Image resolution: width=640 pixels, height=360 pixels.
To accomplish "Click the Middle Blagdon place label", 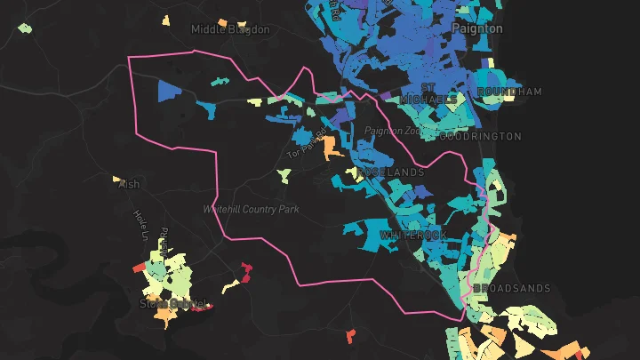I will coord(230,29).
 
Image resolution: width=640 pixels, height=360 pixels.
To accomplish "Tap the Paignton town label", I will coord(476,28).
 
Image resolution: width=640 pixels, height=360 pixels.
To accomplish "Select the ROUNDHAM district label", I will coord(509,92).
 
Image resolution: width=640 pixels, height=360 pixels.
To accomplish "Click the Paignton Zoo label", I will coord(391,131).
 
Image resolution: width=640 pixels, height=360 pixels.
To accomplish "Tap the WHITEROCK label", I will coord(414,235).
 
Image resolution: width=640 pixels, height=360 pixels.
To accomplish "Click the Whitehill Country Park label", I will coord(251,209).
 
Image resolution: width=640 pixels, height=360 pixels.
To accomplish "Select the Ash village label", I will coord(129,184).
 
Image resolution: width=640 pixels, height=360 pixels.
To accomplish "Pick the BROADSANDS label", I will coord(512,289).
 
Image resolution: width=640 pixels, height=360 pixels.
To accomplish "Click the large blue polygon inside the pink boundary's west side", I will coord(170,91).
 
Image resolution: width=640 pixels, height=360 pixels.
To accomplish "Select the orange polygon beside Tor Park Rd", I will coord(332,146).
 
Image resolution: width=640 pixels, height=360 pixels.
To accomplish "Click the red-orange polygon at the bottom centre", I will coord(351,335).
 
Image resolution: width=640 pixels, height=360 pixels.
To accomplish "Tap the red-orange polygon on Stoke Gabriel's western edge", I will coord(139,267).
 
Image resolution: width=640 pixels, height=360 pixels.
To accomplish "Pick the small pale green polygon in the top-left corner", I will coord(25,28).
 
